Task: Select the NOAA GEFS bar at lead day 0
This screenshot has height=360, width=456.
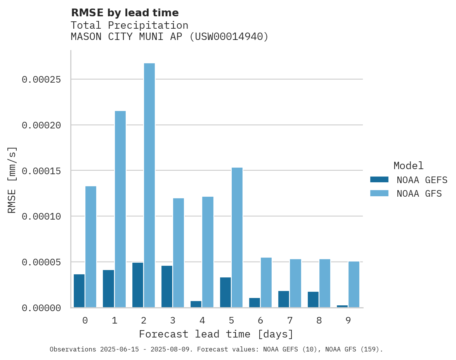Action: click(x=79, y=291)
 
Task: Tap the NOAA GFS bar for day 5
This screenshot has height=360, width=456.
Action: click(x=237, y=237)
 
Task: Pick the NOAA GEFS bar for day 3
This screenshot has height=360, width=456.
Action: click(x=167, y=287)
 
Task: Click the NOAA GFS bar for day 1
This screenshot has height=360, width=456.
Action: click(x=120, y=209)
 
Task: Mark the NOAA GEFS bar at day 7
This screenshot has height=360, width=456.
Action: click(x=284, y=299)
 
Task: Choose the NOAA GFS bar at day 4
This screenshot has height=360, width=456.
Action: click(x=208, y=252)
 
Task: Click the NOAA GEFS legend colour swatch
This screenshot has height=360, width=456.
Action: click(x=379, y=180)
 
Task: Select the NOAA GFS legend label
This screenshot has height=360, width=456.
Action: click(x=419, y=194)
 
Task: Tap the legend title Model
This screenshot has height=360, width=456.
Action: click(x=408, y=166)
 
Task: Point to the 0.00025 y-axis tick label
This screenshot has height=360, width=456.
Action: click(x=42, y=80)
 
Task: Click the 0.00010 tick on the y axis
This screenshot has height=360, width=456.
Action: click(x=42, y=216)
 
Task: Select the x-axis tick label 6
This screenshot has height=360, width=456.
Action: click(x=260, y=320)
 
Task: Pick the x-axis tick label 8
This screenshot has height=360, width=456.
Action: click(x=319, y=320)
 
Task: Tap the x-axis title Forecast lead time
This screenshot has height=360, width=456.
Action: click(x=216, y=334)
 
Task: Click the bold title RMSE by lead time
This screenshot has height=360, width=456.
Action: click(x=125, y=13)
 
